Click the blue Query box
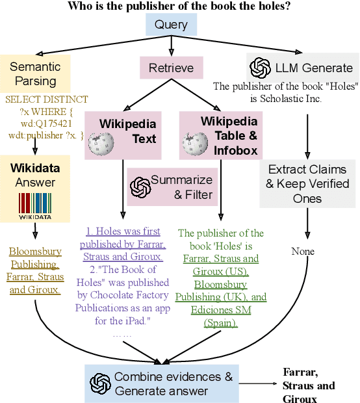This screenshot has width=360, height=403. (171, 25)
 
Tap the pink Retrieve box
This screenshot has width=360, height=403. (171, 68)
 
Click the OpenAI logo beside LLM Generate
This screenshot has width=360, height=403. (261, 68)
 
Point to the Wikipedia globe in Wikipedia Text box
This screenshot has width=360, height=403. (101, 144)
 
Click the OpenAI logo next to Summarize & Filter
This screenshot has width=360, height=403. (140, 187)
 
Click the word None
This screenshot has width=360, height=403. (302, 251)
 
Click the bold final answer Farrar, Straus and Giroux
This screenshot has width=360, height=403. (309, 385)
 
